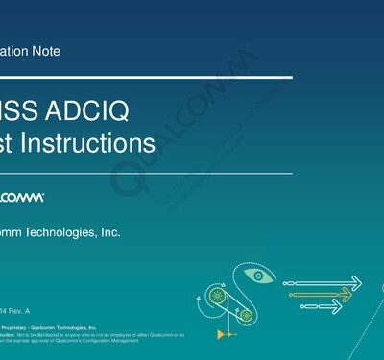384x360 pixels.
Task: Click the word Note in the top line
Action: tap(46, 52)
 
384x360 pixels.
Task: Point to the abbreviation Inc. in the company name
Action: tap(110, 231)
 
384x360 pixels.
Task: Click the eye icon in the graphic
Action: tap(259, 276)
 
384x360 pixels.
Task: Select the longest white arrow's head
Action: tap(355, 281)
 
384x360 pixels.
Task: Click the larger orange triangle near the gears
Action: tap(221, 333)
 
